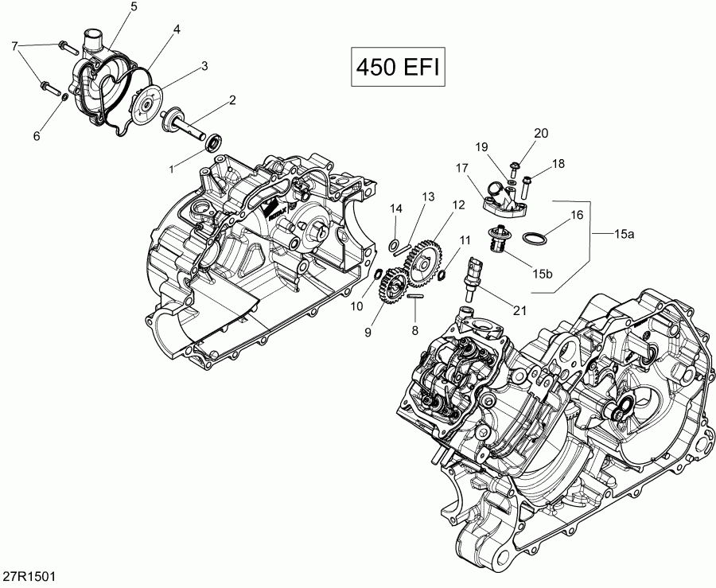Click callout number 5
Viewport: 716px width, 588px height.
133,7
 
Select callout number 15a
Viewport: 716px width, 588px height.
625,233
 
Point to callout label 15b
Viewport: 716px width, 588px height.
543,274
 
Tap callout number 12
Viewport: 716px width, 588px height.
457,205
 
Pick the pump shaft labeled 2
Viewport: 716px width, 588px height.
182,126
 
